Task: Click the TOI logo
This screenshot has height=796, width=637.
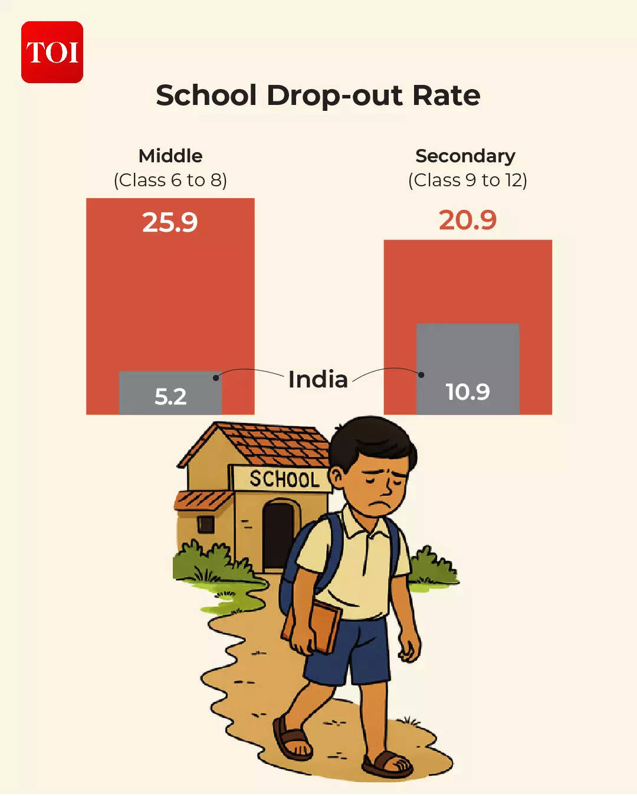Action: click(x=52, y=52)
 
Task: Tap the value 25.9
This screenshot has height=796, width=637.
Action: click(x=170, y=222)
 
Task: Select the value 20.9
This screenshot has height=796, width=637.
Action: click(x=468, y=220)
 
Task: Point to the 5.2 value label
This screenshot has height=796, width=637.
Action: click(x=170, y=397)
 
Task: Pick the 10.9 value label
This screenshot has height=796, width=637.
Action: click(x=468, y=392)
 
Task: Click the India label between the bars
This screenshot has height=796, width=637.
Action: click(x=318, y=380)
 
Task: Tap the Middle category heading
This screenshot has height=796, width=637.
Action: click(x=170, y=156)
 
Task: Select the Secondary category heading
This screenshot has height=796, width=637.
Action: click(x=465, y=156)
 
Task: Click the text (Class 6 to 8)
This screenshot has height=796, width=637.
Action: click(x=170, y=180)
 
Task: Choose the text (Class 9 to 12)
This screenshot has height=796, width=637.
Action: click(x=468, y=180)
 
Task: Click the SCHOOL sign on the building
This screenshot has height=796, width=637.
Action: click(x=284, y=479)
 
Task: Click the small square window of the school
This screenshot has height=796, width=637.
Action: click(x=205, y=524)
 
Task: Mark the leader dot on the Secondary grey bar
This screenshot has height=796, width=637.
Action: click(x=421, y=375)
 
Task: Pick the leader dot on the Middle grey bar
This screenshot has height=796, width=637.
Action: click(x=216, y=377)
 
